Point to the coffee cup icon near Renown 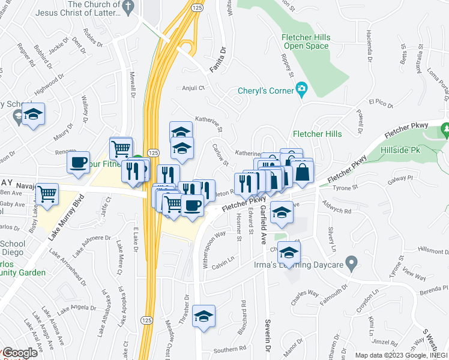click(x=78, y=162)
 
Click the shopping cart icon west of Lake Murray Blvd click(x=46, y=194)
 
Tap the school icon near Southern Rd click(x=204, y=316)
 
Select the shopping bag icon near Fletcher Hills click(x=303, y=172)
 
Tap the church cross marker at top click(x=127, y=7)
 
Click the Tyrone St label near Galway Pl click(x=345, y=188)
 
